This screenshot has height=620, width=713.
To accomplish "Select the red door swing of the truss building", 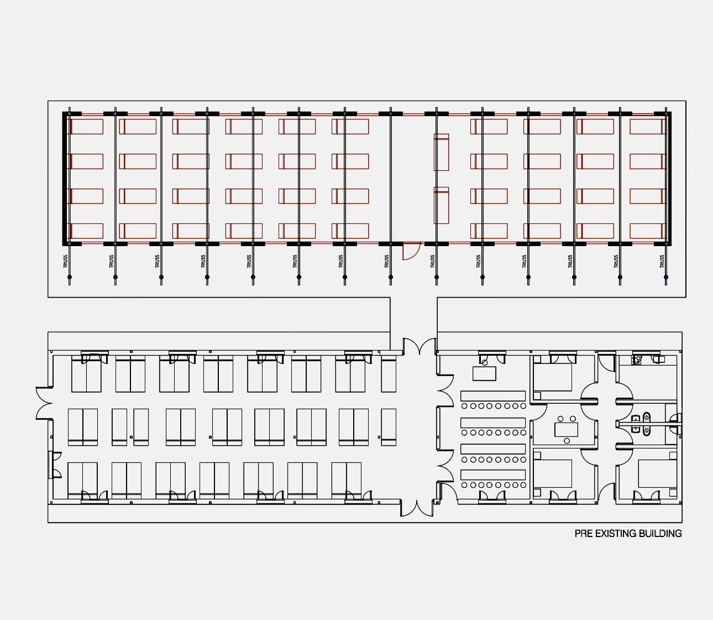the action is [412, 252].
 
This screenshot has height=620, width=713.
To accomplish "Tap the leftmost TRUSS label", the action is [66, 262].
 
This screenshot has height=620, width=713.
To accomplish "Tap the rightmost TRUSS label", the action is [662, 262].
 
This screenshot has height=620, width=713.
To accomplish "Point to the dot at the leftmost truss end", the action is [69, 277].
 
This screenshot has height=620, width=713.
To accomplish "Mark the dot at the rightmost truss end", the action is [666, 277].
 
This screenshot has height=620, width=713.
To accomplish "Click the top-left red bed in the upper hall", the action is [86, 127].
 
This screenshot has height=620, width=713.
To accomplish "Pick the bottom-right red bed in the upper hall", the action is [647, 231].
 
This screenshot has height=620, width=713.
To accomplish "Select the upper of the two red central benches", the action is [441, 152].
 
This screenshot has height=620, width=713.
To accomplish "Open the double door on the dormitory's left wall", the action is [44, 403].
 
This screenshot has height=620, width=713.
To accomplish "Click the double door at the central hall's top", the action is [419, 346].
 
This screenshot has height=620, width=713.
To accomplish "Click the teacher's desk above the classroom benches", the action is [484, 373].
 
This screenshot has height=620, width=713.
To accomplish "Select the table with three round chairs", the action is [567, 429].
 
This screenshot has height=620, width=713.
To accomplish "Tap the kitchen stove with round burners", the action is [636, 360].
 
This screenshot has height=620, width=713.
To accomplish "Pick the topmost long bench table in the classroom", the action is [493, 396].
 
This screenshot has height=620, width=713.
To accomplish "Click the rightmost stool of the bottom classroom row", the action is [523, 485].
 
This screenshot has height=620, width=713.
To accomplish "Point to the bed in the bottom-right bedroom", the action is [657, 473].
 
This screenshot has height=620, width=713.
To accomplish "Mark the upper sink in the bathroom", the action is [636, 418].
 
